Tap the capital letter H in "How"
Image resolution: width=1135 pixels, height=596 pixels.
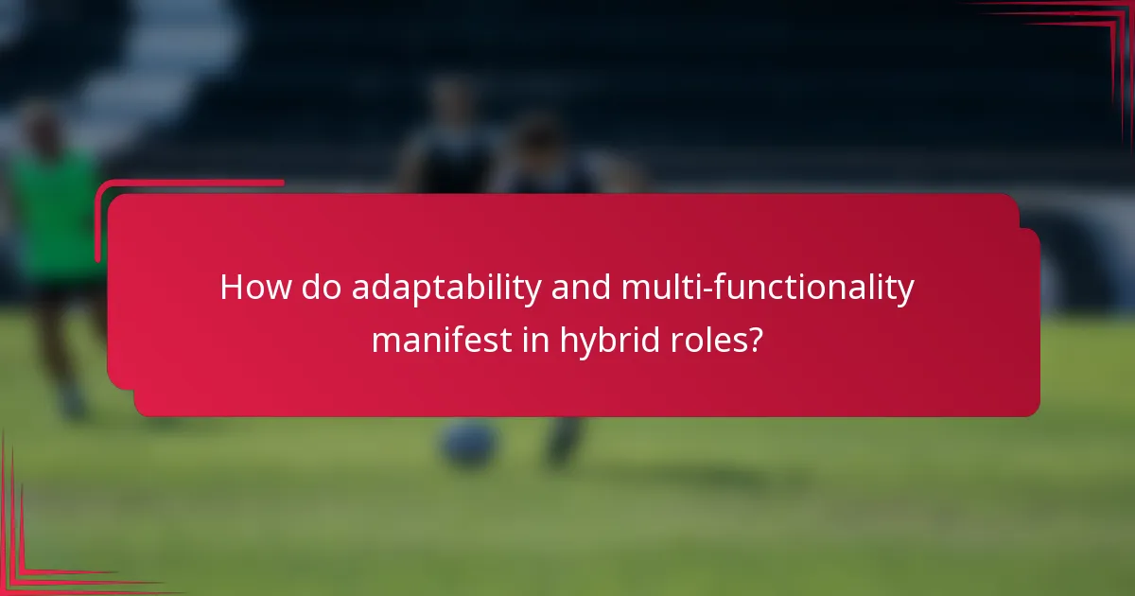[x=233, y=288]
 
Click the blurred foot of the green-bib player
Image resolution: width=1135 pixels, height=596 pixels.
[x=72, y=402]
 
